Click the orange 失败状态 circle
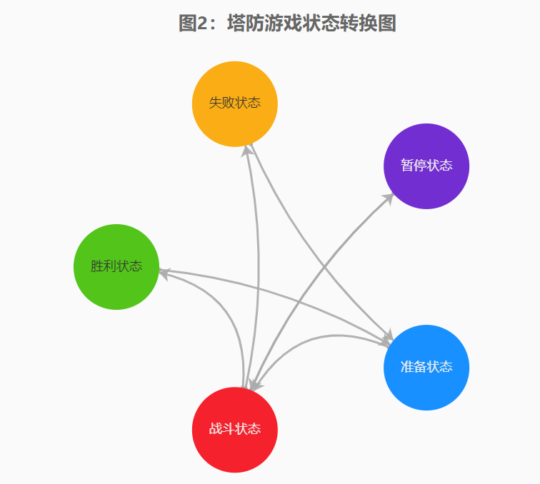point(234,104)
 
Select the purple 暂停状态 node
point(426,166)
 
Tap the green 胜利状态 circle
point(116,266)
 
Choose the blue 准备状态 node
point(426,367)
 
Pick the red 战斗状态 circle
point(234,429)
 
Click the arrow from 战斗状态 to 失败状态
point(258,271)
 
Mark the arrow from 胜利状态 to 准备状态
point(286,293)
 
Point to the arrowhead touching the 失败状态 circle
point(248,151)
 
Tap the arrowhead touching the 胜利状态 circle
point(163,273)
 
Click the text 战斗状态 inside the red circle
point(234,429)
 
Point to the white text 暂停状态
point(426,166)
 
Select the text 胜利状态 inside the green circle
point(116,266)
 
